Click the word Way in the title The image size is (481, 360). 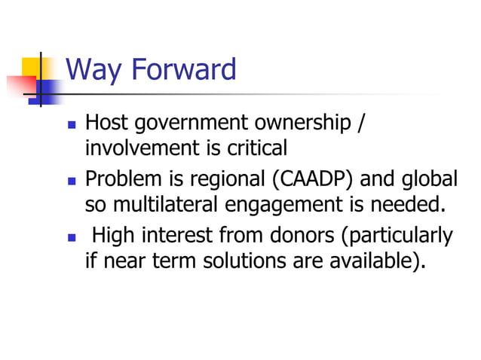point(95,71)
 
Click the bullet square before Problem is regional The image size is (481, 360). point(72,182)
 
